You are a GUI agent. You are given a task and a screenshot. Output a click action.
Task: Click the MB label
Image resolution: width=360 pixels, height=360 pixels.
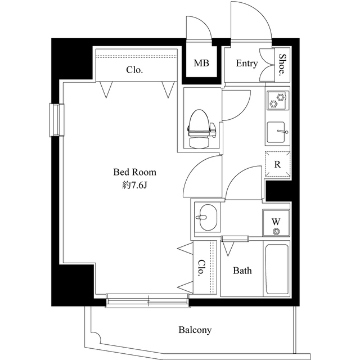(201, 64)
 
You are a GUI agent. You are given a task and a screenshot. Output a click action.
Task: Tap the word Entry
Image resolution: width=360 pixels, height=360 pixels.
(246, 64)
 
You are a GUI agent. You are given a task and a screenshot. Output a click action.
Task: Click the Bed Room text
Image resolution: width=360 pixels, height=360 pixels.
(134, 172)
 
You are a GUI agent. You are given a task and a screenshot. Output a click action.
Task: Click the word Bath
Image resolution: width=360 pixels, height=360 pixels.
(242, 271)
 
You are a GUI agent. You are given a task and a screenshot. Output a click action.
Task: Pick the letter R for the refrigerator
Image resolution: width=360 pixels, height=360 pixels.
(277, 164)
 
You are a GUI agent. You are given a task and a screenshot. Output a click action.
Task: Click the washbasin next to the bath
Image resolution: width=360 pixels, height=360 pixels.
(206, 216)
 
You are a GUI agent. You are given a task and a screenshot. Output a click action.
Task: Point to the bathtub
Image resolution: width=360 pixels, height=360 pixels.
(277, 269)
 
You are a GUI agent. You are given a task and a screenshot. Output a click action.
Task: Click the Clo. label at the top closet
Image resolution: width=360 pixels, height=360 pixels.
(134, 70)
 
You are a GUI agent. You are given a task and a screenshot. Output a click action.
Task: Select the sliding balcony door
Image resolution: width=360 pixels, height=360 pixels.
(147, 301)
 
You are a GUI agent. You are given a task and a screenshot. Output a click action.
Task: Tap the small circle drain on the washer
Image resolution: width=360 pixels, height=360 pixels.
(276, 231)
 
